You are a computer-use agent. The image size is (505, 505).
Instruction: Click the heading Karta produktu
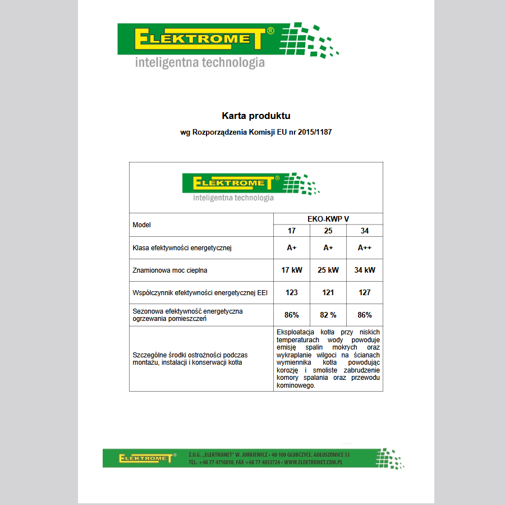[x=256, y=116]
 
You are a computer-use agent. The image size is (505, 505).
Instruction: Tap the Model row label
[x=141, y=225]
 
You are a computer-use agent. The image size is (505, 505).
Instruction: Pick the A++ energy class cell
[x=365, y=247]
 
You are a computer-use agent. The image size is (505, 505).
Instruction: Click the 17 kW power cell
[x=292, y=270]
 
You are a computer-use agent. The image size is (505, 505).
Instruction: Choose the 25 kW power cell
[x=328, y=270]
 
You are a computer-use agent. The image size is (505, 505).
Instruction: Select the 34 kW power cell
[x=365, y=270]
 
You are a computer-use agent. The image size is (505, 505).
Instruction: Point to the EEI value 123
[x=292, y=292]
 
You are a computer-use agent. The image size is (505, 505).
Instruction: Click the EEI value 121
[x=328, y=292]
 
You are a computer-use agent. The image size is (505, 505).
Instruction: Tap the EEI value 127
[x=365, y=292]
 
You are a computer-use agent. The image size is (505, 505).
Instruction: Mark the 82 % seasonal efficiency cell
[x=328, y=315]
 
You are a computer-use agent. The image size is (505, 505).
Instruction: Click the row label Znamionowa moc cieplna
[x=170, y=270]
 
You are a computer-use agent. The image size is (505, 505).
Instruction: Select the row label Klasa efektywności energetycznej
[x=182, y=247]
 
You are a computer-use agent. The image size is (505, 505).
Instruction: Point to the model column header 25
[x=328, y=231]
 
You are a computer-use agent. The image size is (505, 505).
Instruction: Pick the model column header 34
[x=365, y=231]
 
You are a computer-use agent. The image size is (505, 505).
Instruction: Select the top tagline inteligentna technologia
[x=200, y=62]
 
